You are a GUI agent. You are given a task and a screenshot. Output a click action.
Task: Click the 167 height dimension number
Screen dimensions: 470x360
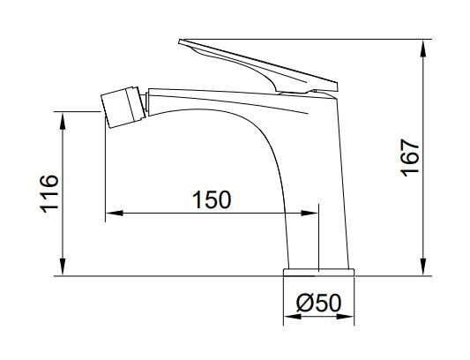coord(410,157)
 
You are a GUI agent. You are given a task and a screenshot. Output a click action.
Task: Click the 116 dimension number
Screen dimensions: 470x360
coord(49,193)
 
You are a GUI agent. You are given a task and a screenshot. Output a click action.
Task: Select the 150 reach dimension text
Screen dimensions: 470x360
coord(212,199)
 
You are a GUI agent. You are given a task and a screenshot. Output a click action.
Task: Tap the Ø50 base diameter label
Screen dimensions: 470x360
coord(319,303)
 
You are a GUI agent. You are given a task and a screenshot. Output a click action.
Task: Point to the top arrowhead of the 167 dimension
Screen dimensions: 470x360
coord(423,48)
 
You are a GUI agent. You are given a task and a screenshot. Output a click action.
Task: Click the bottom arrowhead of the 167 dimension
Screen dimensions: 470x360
coord(423,266)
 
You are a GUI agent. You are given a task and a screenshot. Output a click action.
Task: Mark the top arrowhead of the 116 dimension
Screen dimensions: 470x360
coord(63,121)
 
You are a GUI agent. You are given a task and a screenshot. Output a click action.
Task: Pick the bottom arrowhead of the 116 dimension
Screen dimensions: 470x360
coord(63,266)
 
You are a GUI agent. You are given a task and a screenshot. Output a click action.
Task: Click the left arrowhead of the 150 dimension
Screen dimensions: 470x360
coord(115,213)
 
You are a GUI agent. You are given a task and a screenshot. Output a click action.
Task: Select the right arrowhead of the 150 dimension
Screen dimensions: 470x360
coord(310,213)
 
